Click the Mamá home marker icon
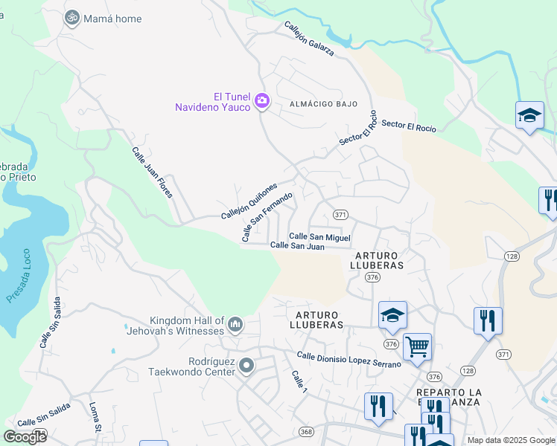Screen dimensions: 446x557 [x=72, y=17]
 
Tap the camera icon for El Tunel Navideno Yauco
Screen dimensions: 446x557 [x=261, y=101]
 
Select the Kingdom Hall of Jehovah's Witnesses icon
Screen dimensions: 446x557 [x=235, y=324]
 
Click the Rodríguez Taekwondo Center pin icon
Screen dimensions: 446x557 [x=248, y=366]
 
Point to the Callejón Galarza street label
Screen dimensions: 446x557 [x=308, y=39]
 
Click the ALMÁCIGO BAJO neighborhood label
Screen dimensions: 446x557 [x=323, y=104]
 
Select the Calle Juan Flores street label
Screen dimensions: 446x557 [x=153, y=172]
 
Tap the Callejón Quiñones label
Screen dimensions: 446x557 [x=249, y=201]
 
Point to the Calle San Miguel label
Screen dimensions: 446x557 [x=319, y=236]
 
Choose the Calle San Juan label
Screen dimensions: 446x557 [x=297, y=245]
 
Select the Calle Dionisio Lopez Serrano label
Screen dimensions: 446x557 [x=348, y=359]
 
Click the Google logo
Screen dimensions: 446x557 [x=25, y=436]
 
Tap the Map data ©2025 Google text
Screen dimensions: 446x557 [x=510, y=440]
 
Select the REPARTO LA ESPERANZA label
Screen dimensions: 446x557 [x=449, y=396]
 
